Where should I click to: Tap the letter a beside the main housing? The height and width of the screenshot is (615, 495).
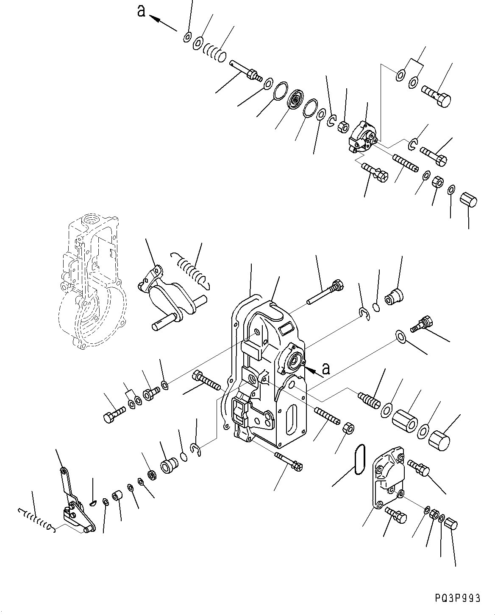coord(325,368)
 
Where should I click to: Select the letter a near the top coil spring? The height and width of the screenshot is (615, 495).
coord(141,11)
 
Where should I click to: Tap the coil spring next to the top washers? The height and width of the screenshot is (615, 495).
coord(214,53)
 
